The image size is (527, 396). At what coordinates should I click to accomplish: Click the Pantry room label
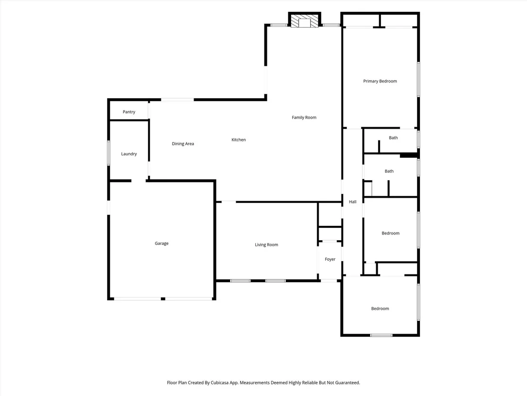pyautogui.click(x=129, y=112)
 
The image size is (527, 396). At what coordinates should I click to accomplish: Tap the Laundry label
pyautogui.click(x=129, y=154)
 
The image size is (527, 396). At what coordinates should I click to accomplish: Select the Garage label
pyautogui.click(x=161, y=244)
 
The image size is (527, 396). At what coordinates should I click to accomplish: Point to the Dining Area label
pyautogui.click(x=183, y=144)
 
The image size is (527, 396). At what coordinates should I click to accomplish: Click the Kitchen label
pyautogui.click(x=239, y=140)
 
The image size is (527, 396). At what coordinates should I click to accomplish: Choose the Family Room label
pyautogui.click(x=304, y=118)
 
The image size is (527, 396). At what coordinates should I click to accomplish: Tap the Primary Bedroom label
pyautogui.click(x=380, y=81)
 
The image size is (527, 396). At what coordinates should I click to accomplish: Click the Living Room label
pyautogui.click(x=266, y=245)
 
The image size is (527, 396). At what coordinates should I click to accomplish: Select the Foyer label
pyautogui.click(x=330, y=259)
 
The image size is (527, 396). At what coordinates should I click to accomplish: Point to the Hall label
pyautogui.click(x=352, y=202)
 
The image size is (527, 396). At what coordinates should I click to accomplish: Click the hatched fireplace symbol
pyautogui.click(x=304, y=20)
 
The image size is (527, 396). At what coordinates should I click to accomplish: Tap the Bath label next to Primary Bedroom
pyautogui.click(x=393, y=138)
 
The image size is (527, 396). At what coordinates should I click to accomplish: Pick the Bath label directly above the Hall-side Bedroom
pyautogui.click(x=389, y=171)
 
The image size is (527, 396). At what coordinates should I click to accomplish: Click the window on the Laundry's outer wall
pyautogui.click(x=108, y=153)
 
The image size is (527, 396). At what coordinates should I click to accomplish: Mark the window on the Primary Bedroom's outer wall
pyautogui.click(x=419, y=80)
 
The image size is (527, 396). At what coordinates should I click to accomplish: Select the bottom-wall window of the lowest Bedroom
pyautogui.click(x=381, y=335)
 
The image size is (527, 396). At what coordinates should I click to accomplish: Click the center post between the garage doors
pyautogui.click(x=163, y=299)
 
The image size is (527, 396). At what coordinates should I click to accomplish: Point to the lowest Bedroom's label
pyautogui.click(x=380, y=308)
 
